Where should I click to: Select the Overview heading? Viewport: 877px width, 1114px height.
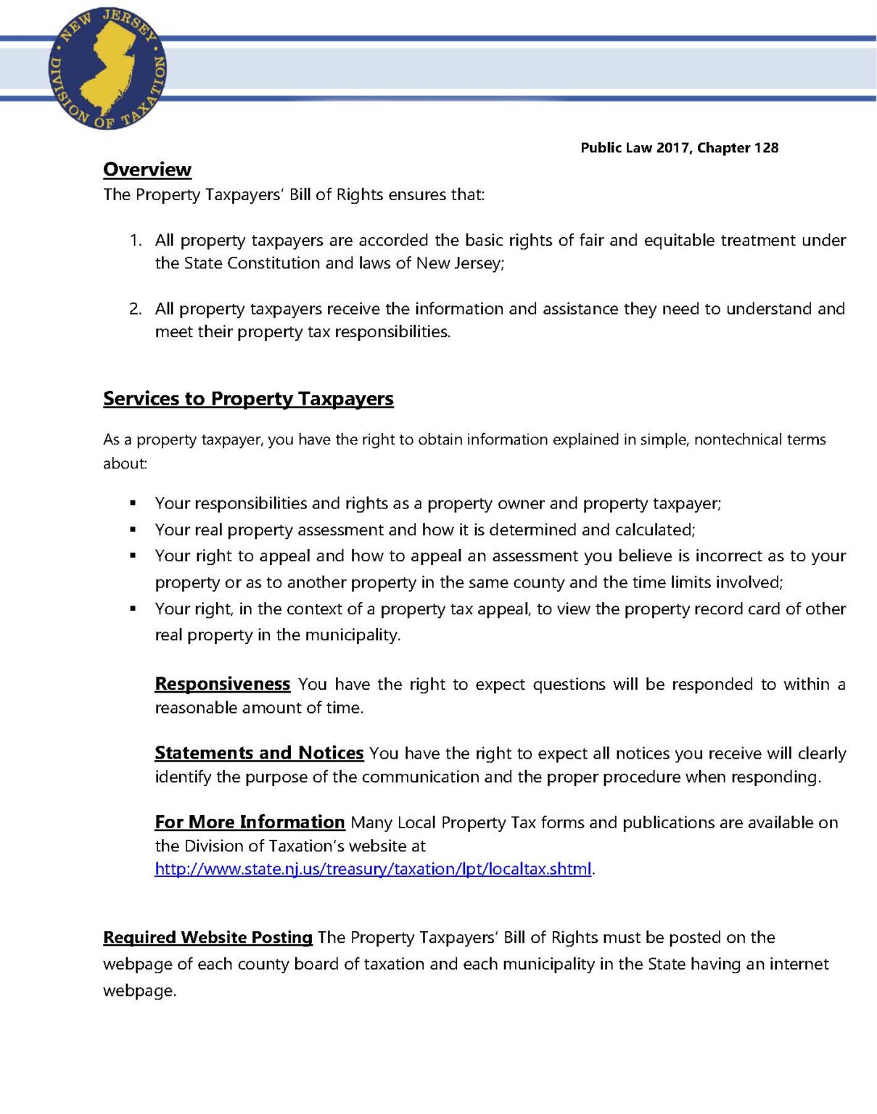147,170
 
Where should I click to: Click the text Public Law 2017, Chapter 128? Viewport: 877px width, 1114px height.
679,148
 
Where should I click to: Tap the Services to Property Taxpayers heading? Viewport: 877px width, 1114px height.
248,399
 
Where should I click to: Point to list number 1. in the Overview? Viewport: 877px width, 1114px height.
136,241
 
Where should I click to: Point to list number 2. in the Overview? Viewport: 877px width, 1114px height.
136,309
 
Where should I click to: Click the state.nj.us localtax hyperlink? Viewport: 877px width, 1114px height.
373,869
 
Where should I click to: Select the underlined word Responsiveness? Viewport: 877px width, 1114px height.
222,684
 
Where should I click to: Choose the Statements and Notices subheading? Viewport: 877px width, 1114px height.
259,753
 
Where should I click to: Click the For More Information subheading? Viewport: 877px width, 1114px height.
250,822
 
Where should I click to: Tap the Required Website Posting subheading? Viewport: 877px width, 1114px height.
207,937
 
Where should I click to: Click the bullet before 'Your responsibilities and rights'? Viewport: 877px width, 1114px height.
133,503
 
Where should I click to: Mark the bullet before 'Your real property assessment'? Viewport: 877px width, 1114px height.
133,530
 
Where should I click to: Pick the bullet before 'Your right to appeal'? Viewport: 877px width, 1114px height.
133,556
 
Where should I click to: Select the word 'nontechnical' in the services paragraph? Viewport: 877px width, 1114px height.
738,440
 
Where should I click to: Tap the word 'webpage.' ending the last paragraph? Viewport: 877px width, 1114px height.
139,991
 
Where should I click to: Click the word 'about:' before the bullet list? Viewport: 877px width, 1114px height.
125,463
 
